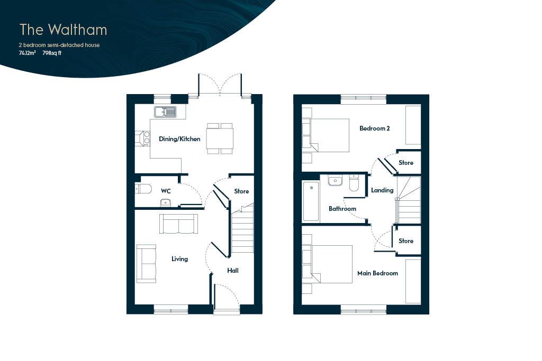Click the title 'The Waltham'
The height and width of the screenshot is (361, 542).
tap(64, 30)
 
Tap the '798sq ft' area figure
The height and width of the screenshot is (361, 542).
tap(52, 53)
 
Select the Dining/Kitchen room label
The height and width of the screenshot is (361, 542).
tap(179, 139)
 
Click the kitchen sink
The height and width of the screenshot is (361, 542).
tap(165, 112)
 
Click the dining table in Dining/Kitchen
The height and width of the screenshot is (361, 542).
tap(220, 138)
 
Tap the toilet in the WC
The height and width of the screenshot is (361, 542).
tap(143, 189)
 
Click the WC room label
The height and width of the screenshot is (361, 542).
tap(166, 191)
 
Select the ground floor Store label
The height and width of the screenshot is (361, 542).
tap(241, 191)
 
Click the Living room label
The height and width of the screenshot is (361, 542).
tap(180, 259)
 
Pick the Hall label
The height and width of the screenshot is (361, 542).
tap(233, 271)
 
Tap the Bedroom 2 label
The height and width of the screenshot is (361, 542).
tap(375, 128)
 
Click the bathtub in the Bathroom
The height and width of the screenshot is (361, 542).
tap(311, 201)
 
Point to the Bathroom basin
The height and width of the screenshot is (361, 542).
tap(335, 181)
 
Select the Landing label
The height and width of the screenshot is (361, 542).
tap(382, 190)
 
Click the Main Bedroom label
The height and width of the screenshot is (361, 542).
tap(377, 273)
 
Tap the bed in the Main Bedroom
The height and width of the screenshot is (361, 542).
tap(327, 264)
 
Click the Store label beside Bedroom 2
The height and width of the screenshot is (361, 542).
tap(406, 163)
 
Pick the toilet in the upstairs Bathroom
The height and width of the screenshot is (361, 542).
tap(354, 183)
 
